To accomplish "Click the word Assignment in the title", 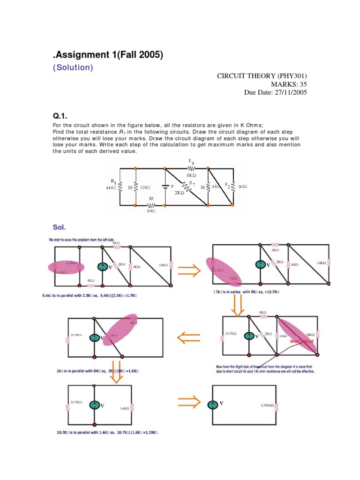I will pyautogui.click(x=89, y=55).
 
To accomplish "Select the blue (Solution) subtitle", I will pyautogui.click(x=73, y=67).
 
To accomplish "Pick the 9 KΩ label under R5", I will pyautogui.click(x=150, y=211).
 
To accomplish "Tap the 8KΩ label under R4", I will pyautogui.click(x=191, y=175).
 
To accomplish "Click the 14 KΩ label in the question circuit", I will pyautogui.click(x=242, y=187).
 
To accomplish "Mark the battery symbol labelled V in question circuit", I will pyautogui.click(x=165, y=187).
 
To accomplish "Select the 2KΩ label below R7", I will pyautogui.click(x=179, y=192).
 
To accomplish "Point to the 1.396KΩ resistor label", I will pyautogui.click(x=268, y=405).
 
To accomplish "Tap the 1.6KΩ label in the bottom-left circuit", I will pyautogui.click(x=124, y=408).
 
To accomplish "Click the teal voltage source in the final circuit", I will pyautogui.click(x=213, y=404).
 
